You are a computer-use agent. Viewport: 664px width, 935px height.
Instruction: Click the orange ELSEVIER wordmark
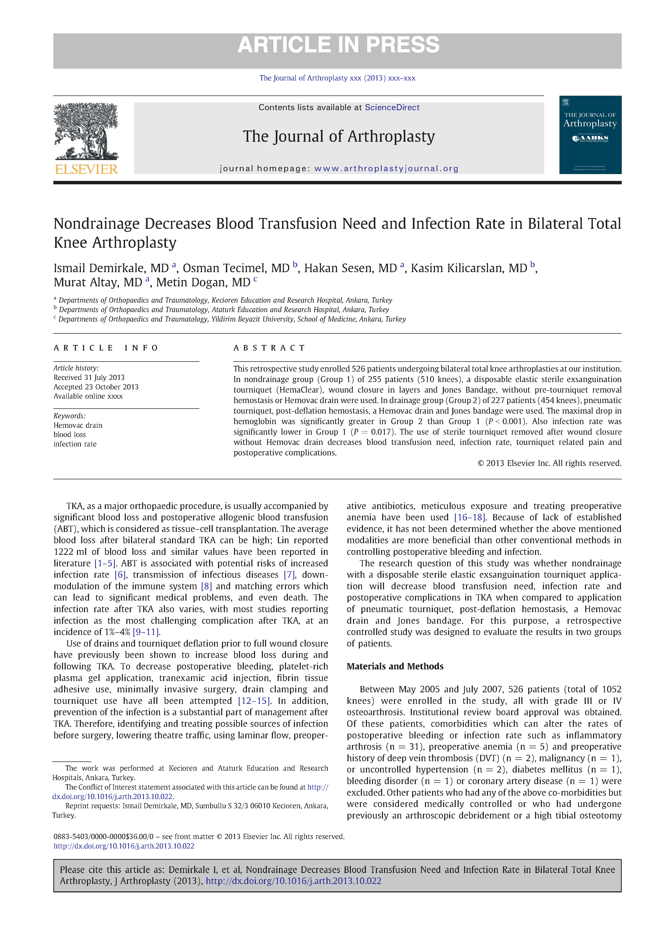pos(86,169)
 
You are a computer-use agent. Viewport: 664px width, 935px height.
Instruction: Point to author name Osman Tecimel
pos(236,268)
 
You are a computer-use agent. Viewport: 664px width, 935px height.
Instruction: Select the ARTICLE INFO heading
pos(106,348)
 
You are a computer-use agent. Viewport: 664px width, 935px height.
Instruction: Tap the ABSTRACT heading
pos(269,348)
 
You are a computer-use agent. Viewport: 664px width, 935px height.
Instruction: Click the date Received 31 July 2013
pos(89,378)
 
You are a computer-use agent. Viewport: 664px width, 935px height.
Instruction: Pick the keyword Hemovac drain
pos(78,425)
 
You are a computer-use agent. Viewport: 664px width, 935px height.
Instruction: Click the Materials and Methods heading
pos(395,667)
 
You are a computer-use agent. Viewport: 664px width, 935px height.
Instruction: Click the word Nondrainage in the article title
pos(96,224)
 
